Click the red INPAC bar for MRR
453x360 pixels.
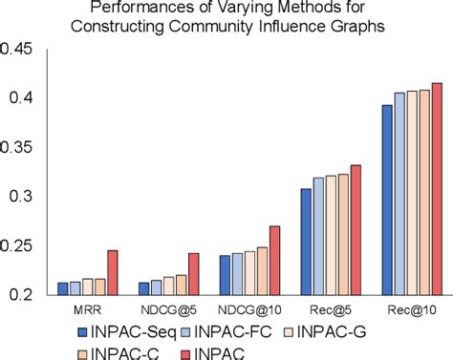click(112, 273)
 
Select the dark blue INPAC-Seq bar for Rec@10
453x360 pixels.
click(387, 201)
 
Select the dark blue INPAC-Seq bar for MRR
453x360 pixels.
click(63, 288)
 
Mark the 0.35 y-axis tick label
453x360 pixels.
click(21, 148)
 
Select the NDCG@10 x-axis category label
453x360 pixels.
click(249, 310)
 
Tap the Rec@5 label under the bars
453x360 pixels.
click(331, 310)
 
